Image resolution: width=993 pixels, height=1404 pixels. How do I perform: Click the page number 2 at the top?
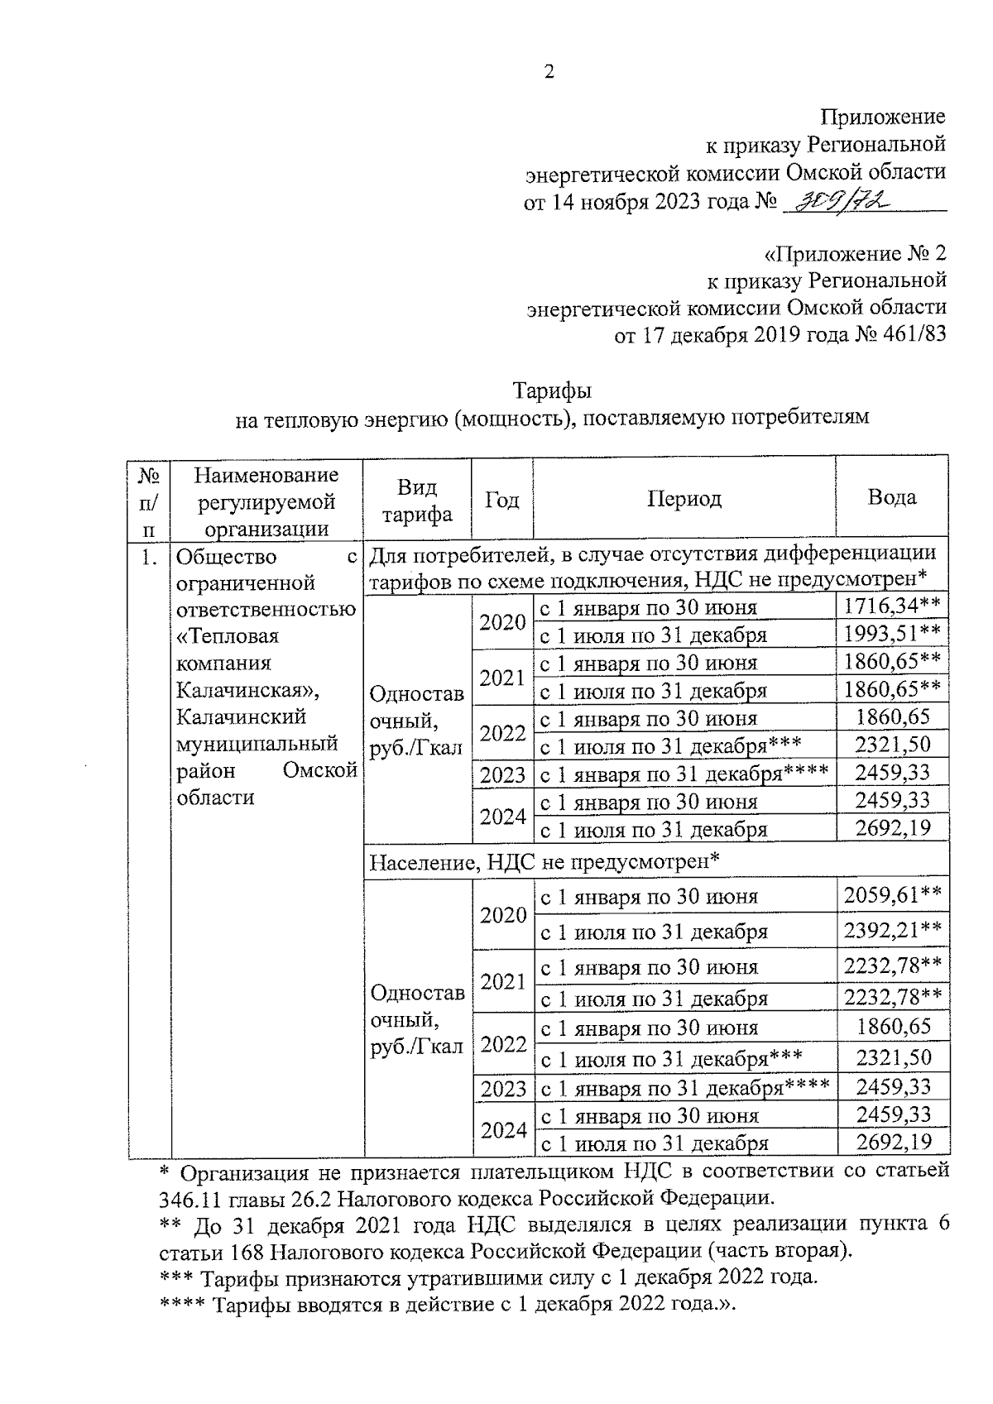(548, 72)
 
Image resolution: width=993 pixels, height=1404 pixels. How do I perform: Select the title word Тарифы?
(552, 390)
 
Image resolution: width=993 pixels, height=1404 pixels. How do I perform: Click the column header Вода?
(891, 497)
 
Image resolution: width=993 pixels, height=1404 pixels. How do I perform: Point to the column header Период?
(684, 498)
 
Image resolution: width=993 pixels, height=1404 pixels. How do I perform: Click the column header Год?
(501, 500)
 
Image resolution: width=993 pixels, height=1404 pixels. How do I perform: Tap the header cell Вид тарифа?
(417, 500)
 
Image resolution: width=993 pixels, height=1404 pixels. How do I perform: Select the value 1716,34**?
(891, 606)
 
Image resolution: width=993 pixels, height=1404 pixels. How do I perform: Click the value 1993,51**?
(891, 635)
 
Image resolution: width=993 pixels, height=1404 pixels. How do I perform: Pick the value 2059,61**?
(891, 894)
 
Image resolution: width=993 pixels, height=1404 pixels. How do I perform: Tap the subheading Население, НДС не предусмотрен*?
(544, 861)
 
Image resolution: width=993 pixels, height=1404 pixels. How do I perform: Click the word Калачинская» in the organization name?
(248, 690)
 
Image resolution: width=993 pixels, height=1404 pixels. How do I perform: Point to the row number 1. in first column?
(149, 558)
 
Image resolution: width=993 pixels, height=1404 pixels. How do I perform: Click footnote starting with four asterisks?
(447, 1305)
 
